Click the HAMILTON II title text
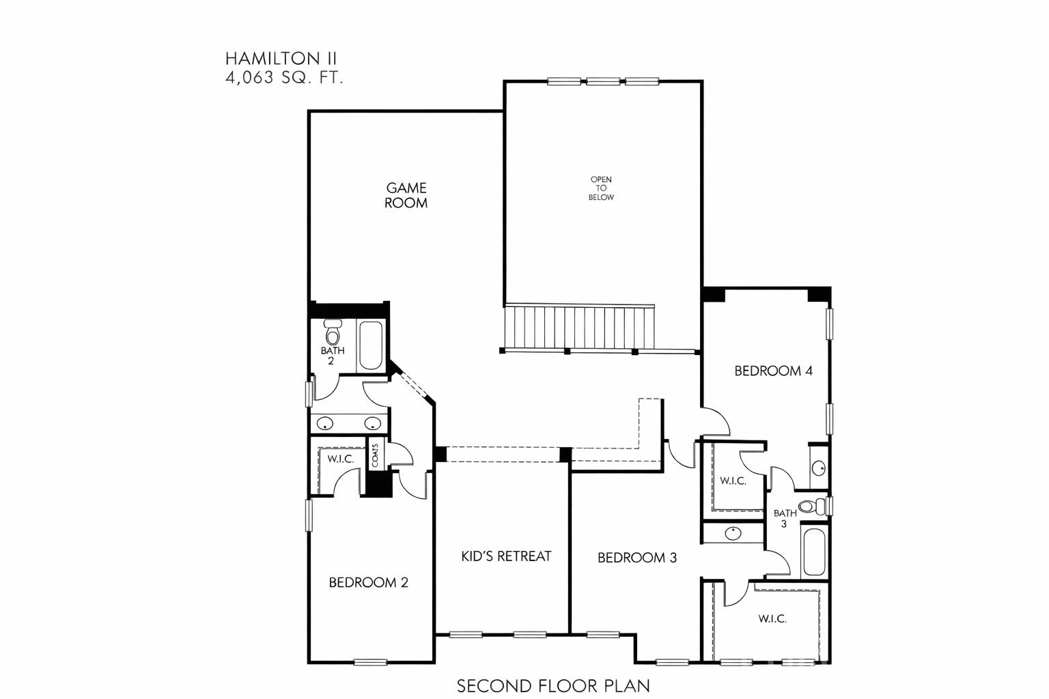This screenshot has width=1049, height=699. coord(281,58)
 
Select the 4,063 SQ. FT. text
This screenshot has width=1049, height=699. coord(284,78)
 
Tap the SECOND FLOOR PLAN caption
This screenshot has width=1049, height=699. coord(553,685)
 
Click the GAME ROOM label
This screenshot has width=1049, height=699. coord(406,195)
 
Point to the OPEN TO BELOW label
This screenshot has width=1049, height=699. coord(602,188)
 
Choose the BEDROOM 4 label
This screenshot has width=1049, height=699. coord(773,371)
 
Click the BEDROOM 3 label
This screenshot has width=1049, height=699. coord(637,558)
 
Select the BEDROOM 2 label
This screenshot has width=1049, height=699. coord(368,582)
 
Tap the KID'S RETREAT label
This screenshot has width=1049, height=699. coord(506,556)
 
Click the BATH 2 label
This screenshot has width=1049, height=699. coord(333,355)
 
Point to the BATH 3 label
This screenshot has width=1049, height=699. coord(785,518)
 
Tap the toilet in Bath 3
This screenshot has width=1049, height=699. coord(813,507)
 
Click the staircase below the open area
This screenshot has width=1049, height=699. coord(579,327)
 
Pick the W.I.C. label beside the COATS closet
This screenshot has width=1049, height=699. coord(340,459)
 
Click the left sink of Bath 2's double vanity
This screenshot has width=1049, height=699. coord(326,423)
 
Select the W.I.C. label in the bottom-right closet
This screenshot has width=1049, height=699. coord(772,619)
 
